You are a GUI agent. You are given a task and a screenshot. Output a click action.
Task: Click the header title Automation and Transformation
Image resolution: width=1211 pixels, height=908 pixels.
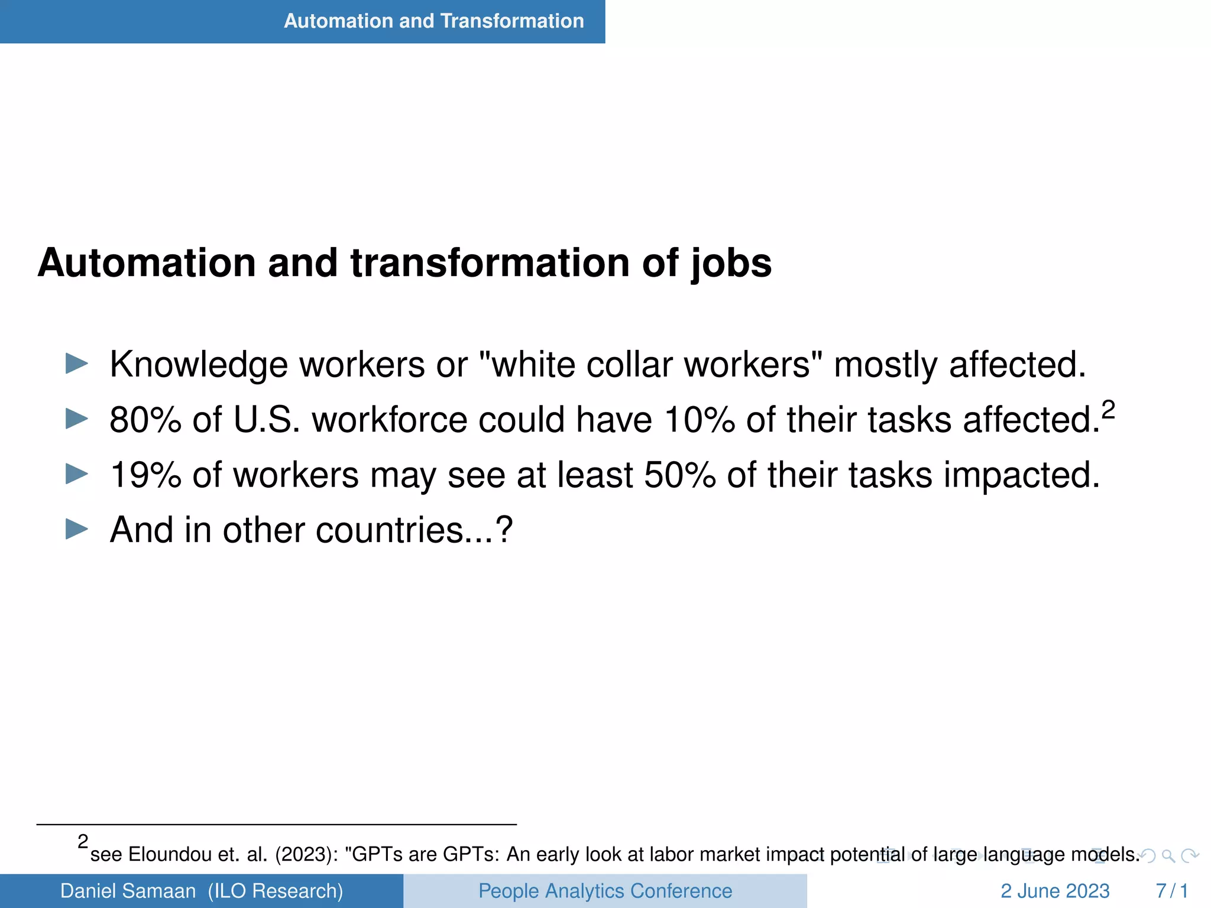point(433,21)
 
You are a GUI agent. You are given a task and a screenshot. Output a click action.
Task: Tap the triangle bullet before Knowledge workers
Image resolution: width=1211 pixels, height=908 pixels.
point(77,364)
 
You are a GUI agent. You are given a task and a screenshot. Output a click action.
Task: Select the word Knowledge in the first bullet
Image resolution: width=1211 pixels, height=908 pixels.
point(199,365)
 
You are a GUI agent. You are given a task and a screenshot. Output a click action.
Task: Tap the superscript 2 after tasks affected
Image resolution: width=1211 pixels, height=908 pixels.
point(1108,410)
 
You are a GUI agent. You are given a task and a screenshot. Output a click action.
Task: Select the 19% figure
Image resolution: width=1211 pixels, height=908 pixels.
point(145,475)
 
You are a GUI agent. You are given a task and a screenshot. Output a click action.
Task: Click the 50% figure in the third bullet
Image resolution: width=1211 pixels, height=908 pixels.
point(679,475)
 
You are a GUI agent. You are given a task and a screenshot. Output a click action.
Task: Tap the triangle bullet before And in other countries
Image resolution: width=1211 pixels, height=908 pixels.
point(77,529)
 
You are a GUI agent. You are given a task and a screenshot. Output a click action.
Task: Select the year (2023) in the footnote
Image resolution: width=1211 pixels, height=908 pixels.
point(306,855)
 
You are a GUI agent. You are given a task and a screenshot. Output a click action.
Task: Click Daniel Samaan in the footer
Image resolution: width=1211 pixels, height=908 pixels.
point(128,891)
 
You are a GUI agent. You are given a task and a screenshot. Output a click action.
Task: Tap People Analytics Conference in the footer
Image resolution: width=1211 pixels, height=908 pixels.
point(605,891)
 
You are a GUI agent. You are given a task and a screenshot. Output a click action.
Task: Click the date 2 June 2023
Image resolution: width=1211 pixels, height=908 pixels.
point(1055,891)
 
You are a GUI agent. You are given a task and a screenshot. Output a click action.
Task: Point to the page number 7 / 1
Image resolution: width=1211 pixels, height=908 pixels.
point(1171,891)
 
